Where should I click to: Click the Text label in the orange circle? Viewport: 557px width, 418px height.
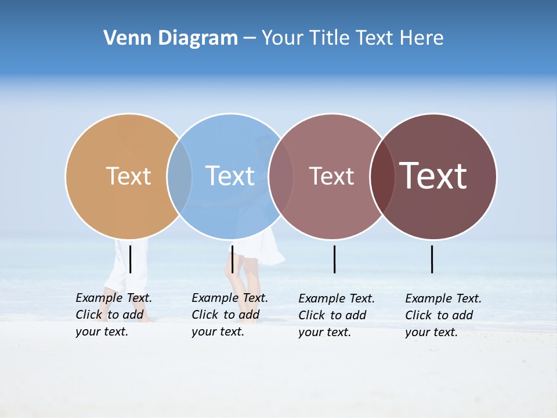point(128,176)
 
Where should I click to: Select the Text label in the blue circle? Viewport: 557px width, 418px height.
point(230,176)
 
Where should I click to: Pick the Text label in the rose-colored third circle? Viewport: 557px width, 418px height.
point(331,176)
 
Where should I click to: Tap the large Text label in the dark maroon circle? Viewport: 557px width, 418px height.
point(433,176)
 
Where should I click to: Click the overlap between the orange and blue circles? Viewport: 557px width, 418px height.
point(179,176)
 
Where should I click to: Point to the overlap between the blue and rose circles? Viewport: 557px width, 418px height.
point(280,176)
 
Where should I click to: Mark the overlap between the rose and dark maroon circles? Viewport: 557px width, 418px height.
point(382,176)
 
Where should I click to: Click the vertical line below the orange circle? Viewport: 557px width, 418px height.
point(131,259)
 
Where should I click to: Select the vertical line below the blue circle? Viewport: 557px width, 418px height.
point(232,259)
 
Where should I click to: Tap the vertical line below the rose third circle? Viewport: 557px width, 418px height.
point(334,259)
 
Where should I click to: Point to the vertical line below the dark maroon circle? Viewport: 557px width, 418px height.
point(432,259)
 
